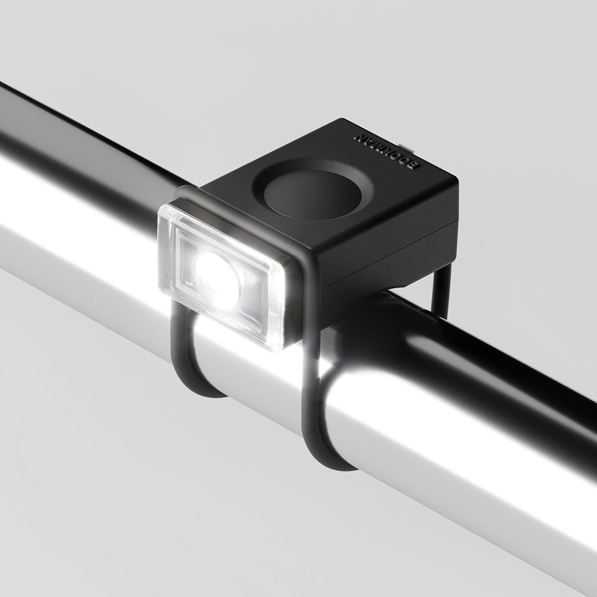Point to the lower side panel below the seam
(387, 271)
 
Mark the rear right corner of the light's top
(457, 178)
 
